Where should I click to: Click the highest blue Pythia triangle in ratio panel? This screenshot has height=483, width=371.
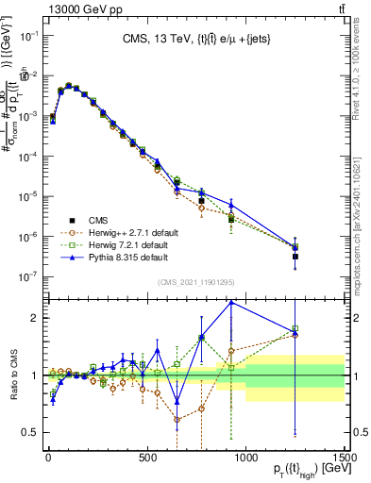pos(231,302)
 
